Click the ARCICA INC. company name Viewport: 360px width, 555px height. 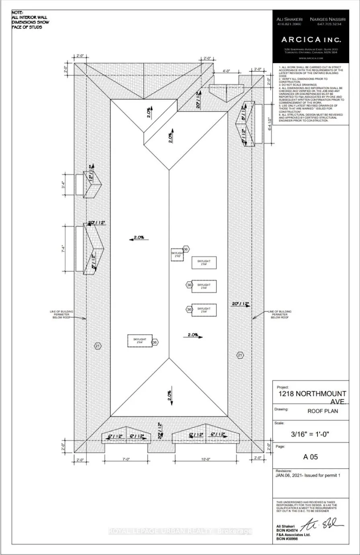pyautogui.click(x=311, y=40)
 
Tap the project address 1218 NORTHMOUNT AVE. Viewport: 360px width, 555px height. pyautogui.click(x=312, y=398)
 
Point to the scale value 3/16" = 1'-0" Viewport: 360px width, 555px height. pyautogui.click(x=311, y=434)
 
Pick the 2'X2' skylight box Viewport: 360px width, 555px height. pyautogui.click(x=177, y=255)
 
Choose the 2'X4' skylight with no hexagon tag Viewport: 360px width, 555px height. pyautogui.click(x=204, y=263)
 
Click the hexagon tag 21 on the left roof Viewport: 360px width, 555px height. pyautogui.click(x=97, y=346)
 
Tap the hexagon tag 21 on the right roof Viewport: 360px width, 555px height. pyautogui.click(x=240, y=355)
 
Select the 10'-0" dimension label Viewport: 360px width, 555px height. pyautogui.click(x=206, y=459)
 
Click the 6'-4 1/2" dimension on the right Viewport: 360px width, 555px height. pyautogui.click(x=270, y=124)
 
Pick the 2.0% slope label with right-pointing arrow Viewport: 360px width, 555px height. pyautogui.click(x=193, y=335)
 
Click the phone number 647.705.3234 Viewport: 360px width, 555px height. pyautogui.click(x=329, y=24)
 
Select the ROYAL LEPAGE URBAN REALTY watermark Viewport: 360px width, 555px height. pyautogui.click(x=180, y=531)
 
